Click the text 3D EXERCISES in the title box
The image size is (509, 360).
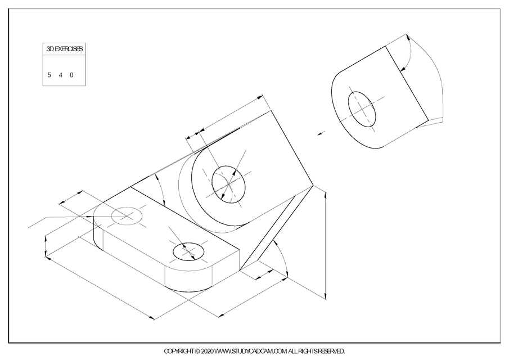coord(65,49)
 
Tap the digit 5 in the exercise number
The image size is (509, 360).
coord(49,74)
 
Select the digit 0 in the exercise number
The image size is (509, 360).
coord(71,74)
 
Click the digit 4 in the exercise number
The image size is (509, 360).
coord(60,74)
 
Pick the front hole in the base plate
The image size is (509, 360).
coord(189,251)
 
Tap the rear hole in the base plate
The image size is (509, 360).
coord(126,215)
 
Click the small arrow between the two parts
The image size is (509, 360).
coord(321,133)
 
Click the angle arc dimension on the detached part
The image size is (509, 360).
coord(409,53)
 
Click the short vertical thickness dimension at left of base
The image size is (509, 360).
coord(45,247)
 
